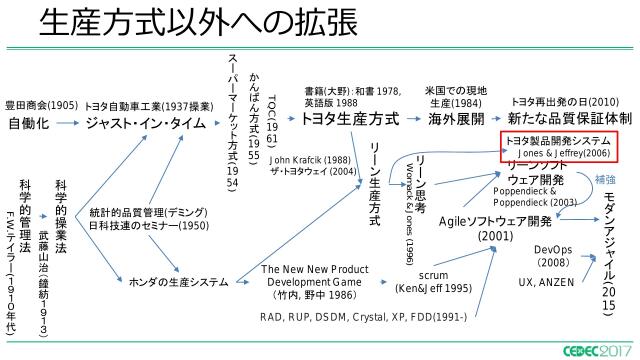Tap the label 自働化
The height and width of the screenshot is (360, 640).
pyautogui.click(x=28, y=124)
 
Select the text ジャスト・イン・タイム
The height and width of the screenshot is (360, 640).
pyautogui.click(x=146, y=124)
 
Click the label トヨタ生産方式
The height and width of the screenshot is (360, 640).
pyautogui.click(x=349, y=119)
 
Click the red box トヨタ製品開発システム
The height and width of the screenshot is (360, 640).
pyautogui.click(x=558, y=146)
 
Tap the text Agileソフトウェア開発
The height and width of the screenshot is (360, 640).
pyautogui.click(x=496, y=220)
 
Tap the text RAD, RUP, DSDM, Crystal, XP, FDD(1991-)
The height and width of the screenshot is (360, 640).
pyautogui.click(x=363, y=317)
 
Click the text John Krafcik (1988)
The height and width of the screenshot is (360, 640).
pyautogui.click(x=310, y=159)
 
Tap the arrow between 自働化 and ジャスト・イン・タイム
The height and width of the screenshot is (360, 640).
pyautogui.click(x=68, y=124)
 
